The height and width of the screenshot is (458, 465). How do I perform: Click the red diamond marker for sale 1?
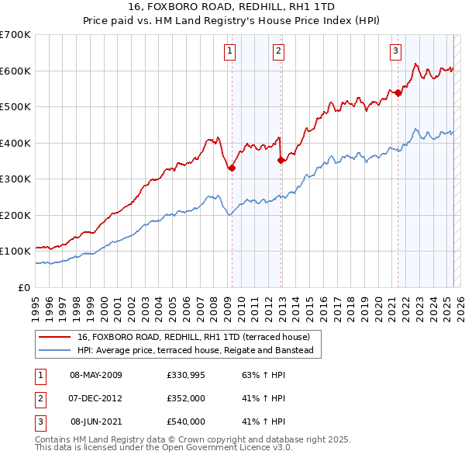click(x=232, y=168)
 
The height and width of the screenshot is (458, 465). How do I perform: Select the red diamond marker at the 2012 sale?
click(x=281, y=161)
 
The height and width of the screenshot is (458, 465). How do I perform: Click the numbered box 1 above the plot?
click(x=231, y=52)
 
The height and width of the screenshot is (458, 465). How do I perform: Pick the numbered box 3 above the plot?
click(x=395, y=52)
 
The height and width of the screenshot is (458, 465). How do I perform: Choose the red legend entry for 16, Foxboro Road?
click(x=194, y=337)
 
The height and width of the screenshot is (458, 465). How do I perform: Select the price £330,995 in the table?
click(x=185, y=375)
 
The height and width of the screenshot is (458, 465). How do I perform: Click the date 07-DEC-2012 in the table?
click(x=96, y=398)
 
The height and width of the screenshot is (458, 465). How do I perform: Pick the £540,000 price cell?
click(x=185, y=422)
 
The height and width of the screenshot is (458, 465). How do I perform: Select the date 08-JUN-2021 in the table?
click(x=96, y=422)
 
